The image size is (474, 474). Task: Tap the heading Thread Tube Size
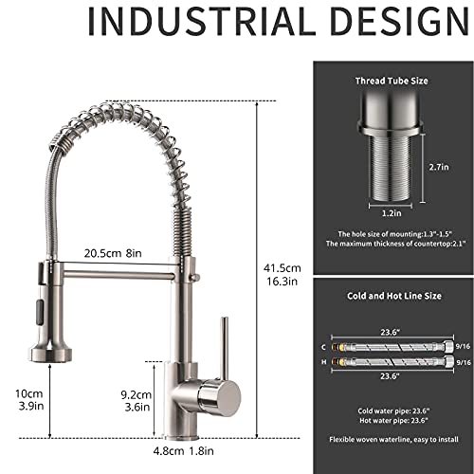tap(391, 82)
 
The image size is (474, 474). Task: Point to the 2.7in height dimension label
tap(439, 167)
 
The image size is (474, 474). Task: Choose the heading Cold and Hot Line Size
tap(391, 297)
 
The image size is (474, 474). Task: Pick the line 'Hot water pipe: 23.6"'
tap(391, 420)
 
